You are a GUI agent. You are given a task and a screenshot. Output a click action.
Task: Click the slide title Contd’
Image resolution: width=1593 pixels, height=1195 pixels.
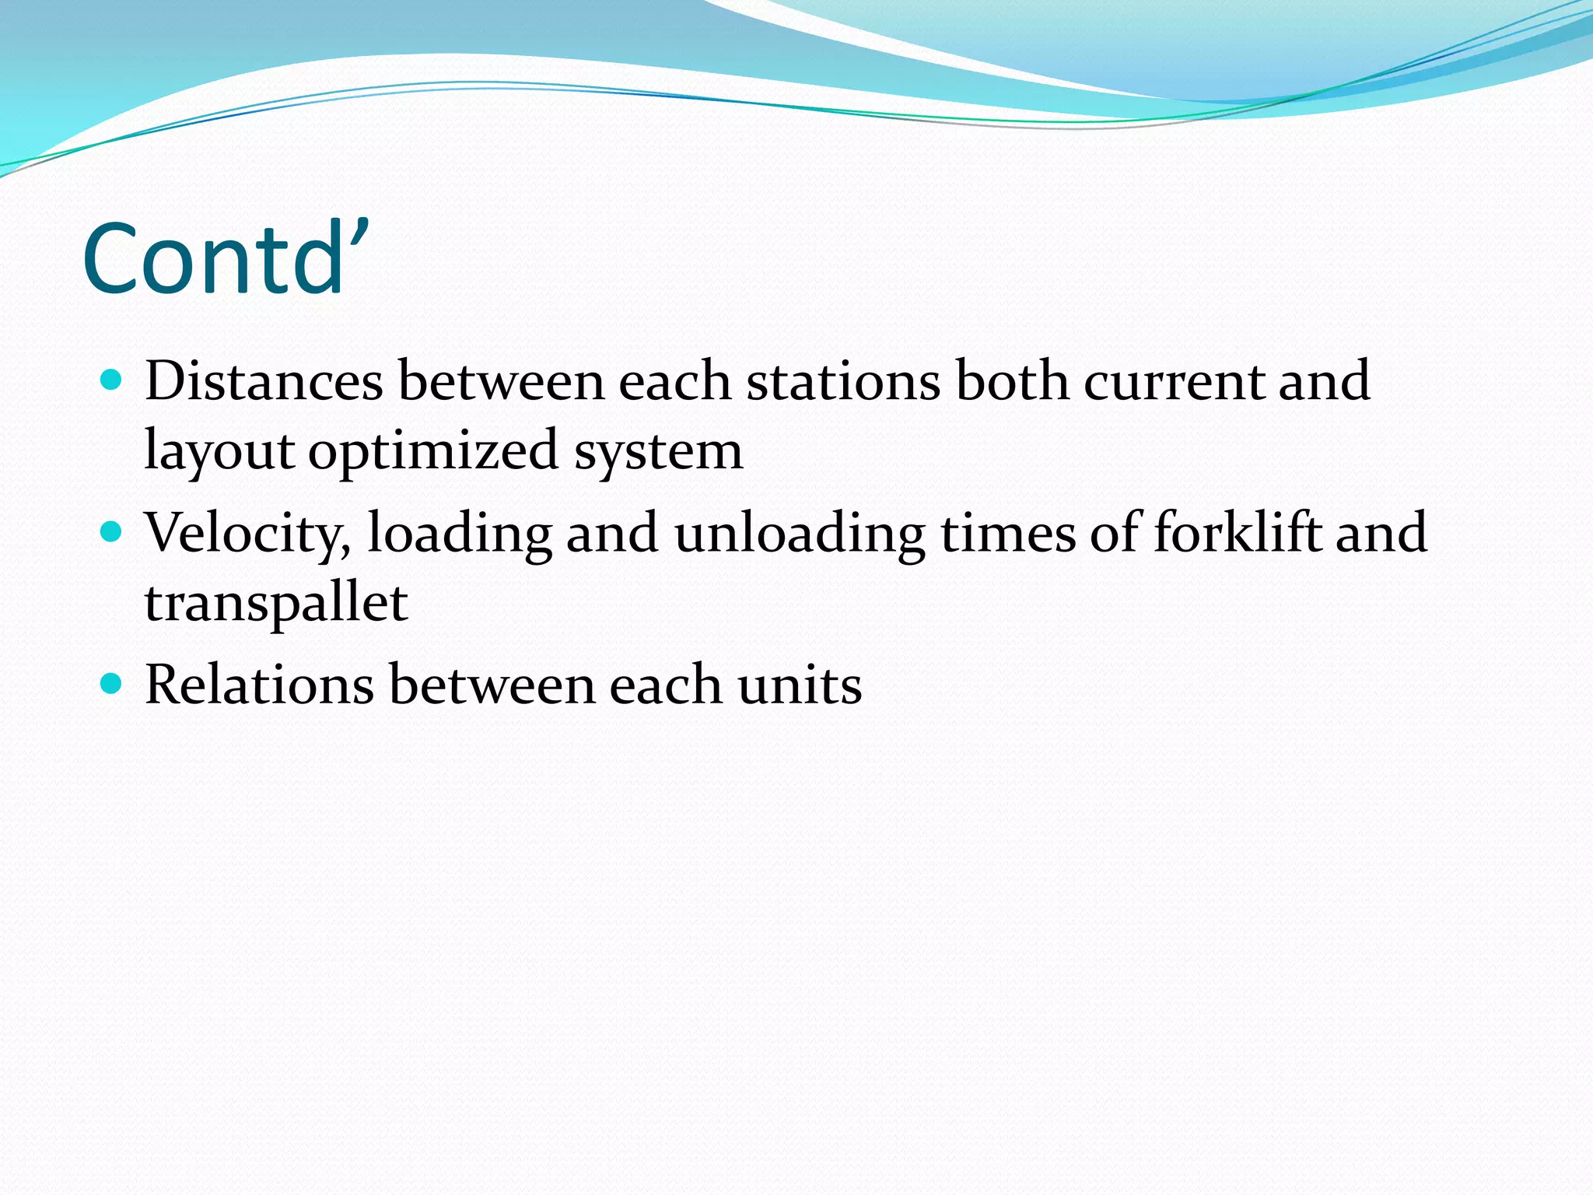(x=226, y=258)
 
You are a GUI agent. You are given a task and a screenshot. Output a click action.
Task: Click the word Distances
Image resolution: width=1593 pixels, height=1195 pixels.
(x=264, y=381)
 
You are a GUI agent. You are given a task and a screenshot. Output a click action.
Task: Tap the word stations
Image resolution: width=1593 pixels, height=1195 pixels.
(x=843, y=381)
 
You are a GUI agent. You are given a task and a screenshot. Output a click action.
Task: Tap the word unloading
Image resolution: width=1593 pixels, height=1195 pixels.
(x=800, y=534)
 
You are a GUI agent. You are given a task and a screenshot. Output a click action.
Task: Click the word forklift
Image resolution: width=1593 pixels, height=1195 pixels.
(x=1237, y=534)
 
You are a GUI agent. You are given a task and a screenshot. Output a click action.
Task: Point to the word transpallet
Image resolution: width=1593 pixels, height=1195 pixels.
(x=276, y=602)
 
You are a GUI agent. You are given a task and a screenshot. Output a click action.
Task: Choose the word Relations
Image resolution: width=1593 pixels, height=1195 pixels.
(x=259, y=685)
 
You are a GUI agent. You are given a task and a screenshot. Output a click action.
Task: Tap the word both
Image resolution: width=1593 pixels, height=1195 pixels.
(x=1012, y=381)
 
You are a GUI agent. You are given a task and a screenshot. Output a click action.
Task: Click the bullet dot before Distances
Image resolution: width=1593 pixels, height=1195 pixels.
(x=112, y=380)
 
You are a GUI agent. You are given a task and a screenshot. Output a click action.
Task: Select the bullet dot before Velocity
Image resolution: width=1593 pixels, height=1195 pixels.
(x=112, y=532)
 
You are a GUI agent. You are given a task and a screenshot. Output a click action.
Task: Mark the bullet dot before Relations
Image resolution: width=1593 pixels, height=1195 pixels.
(x=112, y=684)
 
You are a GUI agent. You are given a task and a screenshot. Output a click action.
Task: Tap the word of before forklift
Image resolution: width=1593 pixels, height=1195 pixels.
(x=1114, y=534)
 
